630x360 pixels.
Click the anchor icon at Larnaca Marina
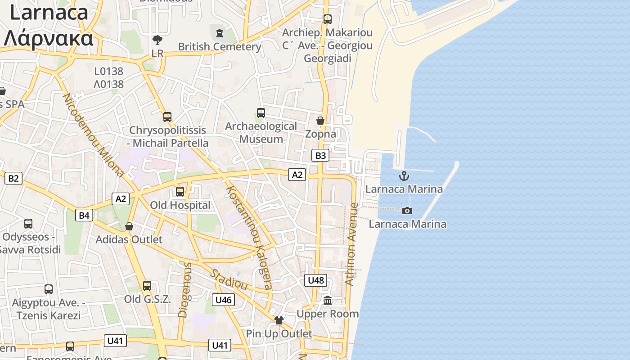tap(404, 176)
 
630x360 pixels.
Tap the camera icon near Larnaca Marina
tap(407, 211)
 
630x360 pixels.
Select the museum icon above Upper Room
tap(328, 300)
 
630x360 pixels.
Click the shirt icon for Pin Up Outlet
tap(279, 320)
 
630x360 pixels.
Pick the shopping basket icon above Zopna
tap(320, 121)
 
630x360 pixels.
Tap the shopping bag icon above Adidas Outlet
tap(129, 226)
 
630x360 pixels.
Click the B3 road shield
tap(320, 156)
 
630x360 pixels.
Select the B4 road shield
tap(84, 215)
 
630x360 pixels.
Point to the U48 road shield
tap(315, 280)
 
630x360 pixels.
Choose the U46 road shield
tap(224, 300)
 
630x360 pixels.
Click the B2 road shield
tap(13, 178)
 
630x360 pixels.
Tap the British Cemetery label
tap(220, 47)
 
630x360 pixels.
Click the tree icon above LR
tap(157, 40)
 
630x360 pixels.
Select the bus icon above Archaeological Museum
tap(261, 113)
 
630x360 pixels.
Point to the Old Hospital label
tap(180, 205)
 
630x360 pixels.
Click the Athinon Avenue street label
tap(351, 243)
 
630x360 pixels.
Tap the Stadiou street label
tap(229, 279)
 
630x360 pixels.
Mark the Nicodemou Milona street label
tap(93, 135)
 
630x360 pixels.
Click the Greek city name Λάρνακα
tap(49, 39)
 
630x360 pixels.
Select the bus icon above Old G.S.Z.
tap(147, 286)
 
